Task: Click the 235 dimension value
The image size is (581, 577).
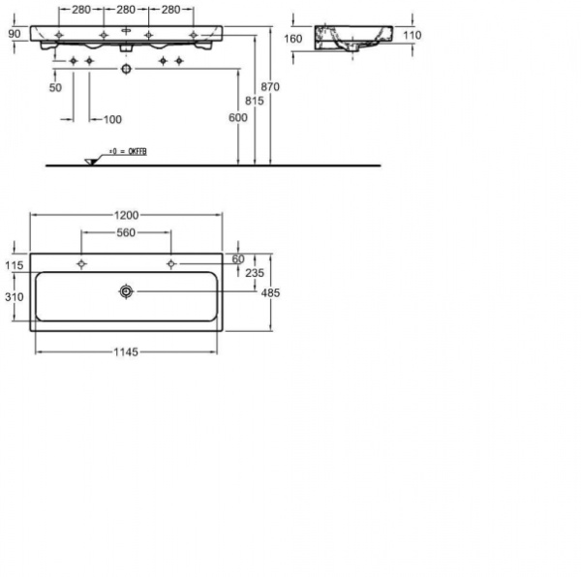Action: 254,274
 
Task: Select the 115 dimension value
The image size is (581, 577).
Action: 13,265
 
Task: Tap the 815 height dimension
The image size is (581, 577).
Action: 254,101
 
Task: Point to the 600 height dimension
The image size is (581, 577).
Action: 238,117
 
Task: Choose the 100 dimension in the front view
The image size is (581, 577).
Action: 112,119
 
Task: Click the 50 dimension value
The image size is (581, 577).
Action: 55,87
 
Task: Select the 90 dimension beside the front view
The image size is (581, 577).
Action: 14,33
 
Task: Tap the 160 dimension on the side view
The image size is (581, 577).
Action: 294,39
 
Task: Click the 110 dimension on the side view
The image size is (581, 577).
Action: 412,35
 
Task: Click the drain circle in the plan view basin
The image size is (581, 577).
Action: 126,290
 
